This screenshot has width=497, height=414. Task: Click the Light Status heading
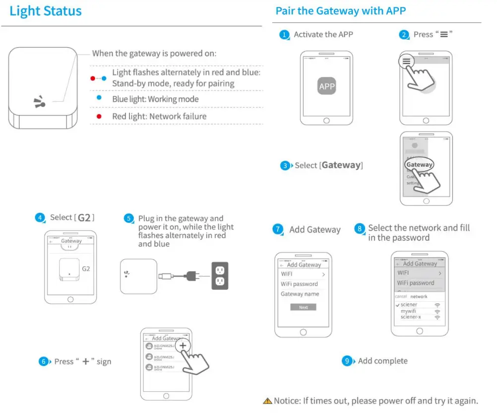46,11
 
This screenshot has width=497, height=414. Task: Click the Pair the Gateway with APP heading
341,11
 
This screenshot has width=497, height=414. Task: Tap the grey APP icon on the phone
327,86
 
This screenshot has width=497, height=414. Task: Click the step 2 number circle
404,35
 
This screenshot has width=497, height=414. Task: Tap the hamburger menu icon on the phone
406,62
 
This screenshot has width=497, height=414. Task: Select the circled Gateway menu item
419,165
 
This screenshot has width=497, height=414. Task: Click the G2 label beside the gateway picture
86,269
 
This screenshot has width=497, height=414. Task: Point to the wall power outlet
220,275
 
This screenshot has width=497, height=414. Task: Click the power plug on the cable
191,275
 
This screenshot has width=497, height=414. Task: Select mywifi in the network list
409,311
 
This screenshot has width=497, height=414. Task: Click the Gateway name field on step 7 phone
300,294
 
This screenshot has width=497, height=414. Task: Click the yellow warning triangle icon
268,401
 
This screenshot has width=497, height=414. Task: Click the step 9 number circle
347,361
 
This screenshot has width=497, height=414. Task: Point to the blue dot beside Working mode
99,98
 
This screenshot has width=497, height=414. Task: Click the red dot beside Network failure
99,116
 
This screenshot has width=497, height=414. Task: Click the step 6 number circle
43,362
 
